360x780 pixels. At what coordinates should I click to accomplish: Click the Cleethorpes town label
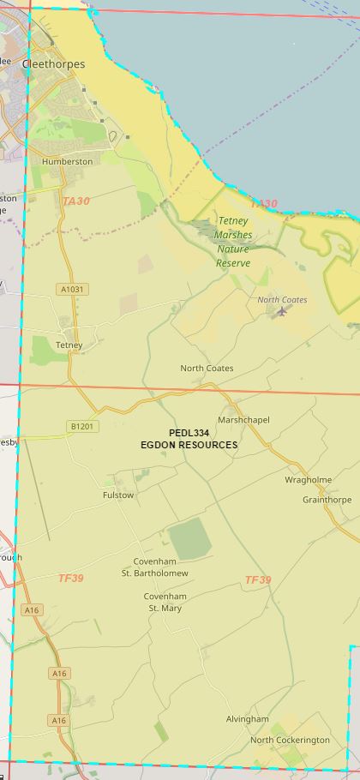[53, 64]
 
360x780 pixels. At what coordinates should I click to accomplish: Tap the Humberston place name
[67, 161]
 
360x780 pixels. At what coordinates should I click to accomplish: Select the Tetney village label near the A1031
[69, 345]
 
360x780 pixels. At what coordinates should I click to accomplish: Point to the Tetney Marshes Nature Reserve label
[233, 242]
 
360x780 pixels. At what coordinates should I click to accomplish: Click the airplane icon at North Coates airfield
[282, 311]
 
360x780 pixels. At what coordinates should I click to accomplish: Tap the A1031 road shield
[73, 289]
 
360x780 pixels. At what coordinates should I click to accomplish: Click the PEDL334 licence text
[189, 434]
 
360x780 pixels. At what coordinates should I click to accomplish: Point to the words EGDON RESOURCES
[189, 445]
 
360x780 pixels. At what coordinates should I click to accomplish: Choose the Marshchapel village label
[243, 420]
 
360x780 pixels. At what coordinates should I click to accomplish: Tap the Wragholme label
[308, 480]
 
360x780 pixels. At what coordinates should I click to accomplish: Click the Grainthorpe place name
[327, 500]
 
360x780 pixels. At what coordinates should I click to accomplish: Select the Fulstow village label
[118, 495]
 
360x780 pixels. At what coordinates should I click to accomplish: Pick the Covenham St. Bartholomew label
[154, 567]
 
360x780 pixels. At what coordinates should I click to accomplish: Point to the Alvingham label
[247, 719]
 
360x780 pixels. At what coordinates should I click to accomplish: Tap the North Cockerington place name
[290, 740]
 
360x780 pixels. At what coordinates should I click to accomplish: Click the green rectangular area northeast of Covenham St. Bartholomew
[189, 539]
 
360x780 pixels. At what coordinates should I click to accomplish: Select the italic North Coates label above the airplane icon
[282, 300]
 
